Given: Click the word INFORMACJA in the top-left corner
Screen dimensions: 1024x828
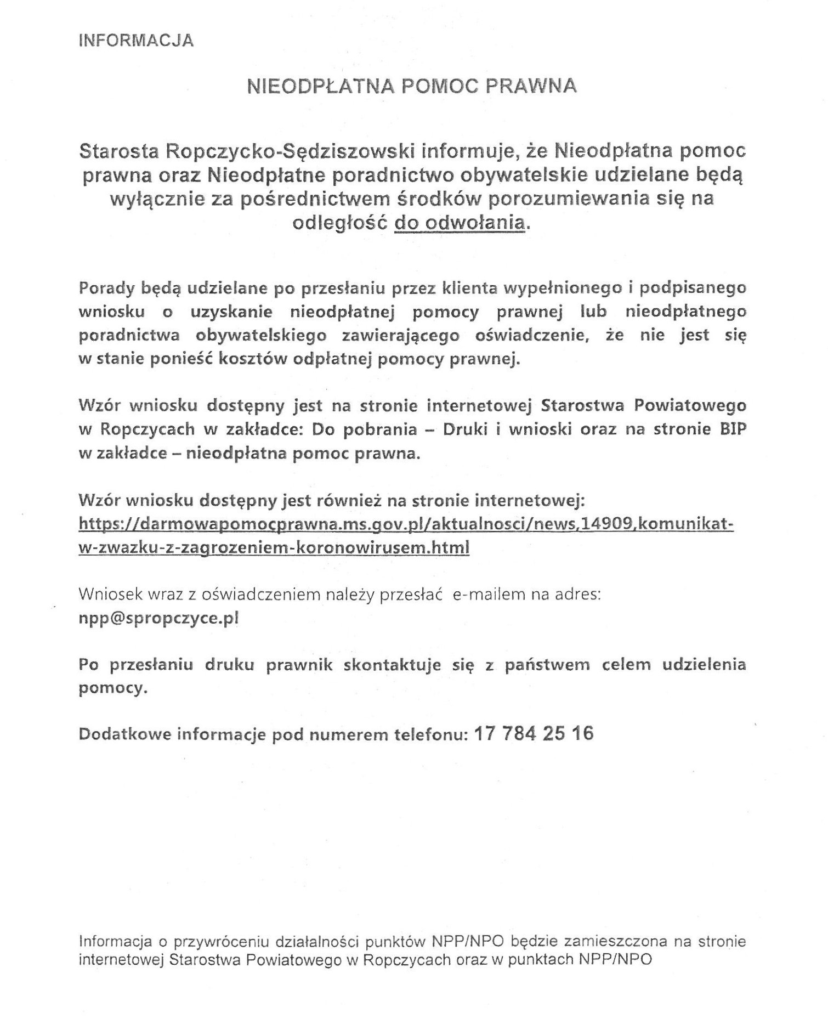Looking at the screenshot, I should click(x=137, y=41).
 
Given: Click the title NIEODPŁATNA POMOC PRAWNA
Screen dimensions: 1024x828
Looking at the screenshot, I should click(x=412, y=86).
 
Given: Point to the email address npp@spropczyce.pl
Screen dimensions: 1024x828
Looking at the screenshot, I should click(x=158, y=618).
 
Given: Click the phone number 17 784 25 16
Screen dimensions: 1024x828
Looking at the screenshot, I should click(x=533, y=733).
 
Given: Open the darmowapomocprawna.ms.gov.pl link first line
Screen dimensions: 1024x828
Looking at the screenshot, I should click(x=406, y=524).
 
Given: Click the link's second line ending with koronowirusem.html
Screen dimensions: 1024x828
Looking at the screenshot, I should click(x=274, y=547).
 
